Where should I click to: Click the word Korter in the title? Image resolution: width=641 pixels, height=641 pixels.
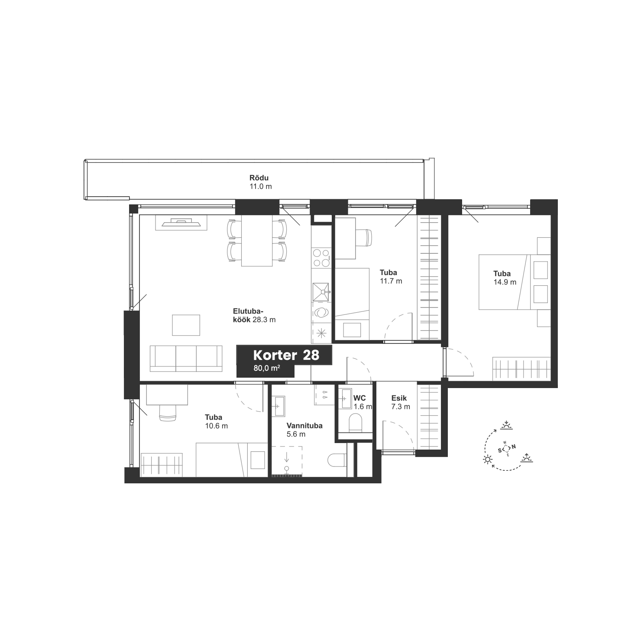(x=275, y=356)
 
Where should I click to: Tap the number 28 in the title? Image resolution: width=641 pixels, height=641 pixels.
(x=311, y=356)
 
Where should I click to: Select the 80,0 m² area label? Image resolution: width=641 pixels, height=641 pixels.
(x=266, y=369)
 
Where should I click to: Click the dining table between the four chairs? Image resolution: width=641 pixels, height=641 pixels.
(x=257, y=240)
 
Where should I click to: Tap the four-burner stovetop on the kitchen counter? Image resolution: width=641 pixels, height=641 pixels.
(x=321, y=258)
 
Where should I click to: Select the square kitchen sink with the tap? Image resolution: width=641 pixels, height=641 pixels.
(x=321, y=292)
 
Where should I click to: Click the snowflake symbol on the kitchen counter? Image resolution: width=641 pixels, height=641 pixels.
(x=321, y=333)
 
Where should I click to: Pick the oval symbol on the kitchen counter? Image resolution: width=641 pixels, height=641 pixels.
(x=321, y=312)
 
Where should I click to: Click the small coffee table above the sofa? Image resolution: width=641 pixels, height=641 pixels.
(x=186, y=325)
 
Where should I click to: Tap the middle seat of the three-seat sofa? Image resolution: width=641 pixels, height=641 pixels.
(x=186, y=358)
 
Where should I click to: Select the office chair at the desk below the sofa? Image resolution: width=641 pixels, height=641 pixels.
(x=168, y=413)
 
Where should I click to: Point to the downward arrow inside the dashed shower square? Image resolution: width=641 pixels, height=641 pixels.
(x=286, y=456)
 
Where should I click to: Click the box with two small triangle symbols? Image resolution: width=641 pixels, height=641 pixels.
(x=324, y=395)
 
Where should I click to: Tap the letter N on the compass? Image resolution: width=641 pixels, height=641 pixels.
(x=514, y=447)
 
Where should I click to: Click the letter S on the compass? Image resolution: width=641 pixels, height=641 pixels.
(x=499, y=451)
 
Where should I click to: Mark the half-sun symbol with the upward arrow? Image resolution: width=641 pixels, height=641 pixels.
(x=526, y=458)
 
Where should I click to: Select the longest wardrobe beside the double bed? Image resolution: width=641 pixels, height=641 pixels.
(x=429, y=277)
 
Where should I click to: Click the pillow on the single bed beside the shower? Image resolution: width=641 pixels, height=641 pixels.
(x=258, y=460)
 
